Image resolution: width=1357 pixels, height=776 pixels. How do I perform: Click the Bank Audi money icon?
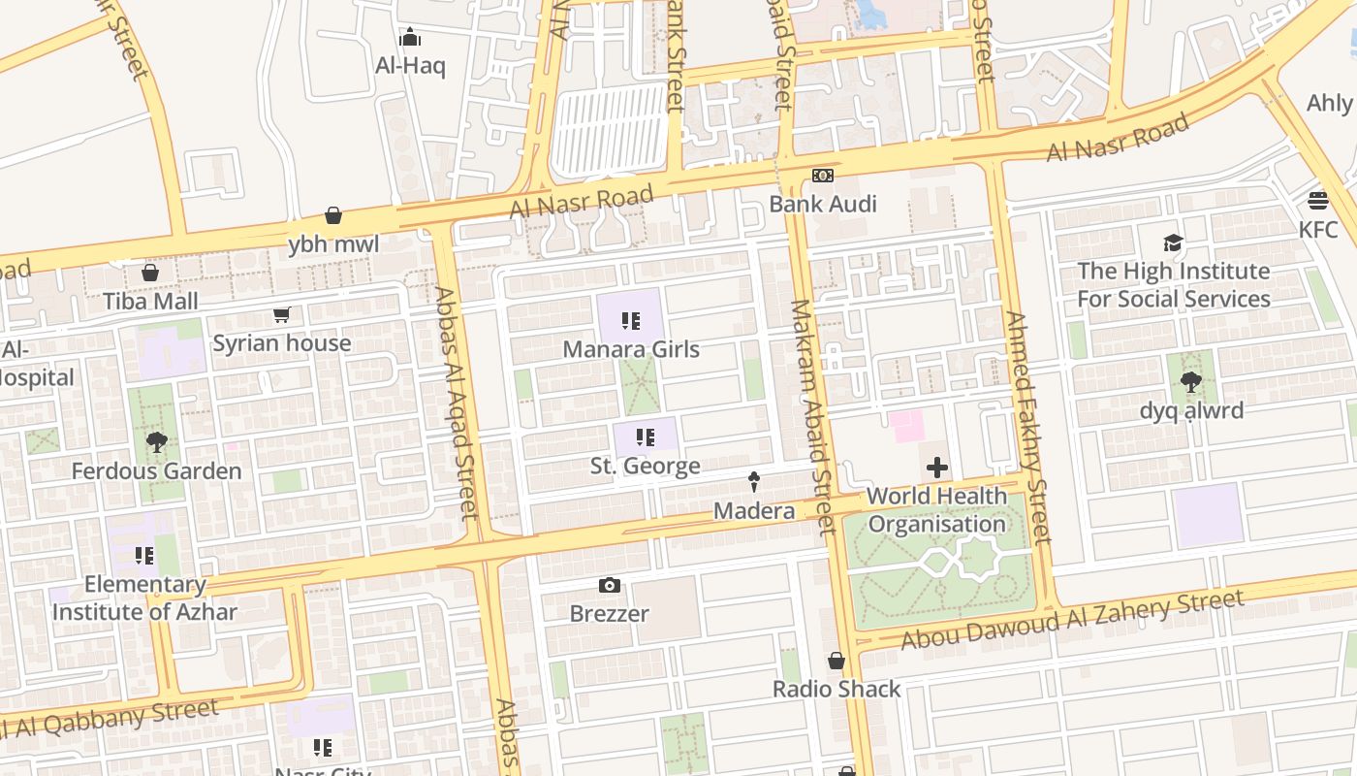coord(822,176)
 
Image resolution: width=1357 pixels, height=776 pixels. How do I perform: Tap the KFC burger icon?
coord(1317,201)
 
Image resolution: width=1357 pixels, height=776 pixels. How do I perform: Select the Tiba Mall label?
coord(151,301)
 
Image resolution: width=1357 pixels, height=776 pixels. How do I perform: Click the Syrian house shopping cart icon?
coord(281,314)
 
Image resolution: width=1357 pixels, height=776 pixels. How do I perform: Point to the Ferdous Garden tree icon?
coord(156,443)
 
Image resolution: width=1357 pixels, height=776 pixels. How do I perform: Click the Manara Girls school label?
coord(631,349)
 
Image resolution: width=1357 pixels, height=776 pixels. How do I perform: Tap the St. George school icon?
coord(646,437)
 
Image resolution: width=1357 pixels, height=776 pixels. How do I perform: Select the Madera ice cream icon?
coord(753,481)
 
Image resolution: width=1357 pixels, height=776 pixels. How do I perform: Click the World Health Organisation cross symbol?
coord(936,468)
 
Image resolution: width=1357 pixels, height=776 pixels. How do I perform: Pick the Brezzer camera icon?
coord(609,585)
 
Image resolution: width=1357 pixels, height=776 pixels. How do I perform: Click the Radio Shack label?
coord(836,689)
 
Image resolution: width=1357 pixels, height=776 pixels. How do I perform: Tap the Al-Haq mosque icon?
coord(410,38)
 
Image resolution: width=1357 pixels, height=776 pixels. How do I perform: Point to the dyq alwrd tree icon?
coord(1191,382)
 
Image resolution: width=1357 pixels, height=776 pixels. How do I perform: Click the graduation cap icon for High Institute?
coord(1173,242)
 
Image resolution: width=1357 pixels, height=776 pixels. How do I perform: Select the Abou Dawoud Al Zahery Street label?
coord(1072,621)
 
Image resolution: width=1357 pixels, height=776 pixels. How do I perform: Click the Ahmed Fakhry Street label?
coord(1028,427)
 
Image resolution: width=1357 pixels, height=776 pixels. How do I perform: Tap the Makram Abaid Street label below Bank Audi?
coord(812,417)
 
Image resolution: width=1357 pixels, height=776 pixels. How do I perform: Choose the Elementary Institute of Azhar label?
coord(144,598)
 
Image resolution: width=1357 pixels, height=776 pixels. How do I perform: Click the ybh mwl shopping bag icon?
coord(333,215)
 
